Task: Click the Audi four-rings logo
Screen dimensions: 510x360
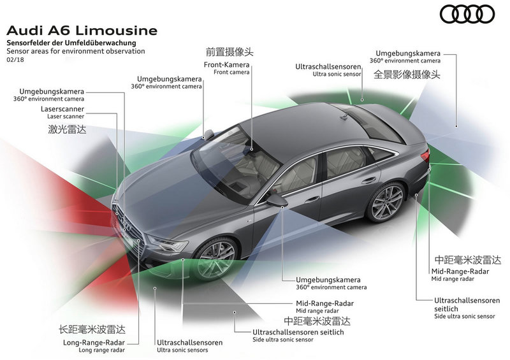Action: pos(467,14)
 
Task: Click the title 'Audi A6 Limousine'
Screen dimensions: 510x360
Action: pos(82,31)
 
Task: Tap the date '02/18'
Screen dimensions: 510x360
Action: pos(15,60)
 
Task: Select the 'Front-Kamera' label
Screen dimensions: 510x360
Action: pos(227,65)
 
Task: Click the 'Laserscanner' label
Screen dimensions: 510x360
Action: pos(62,109)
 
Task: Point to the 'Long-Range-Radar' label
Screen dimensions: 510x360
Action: pos(94,342)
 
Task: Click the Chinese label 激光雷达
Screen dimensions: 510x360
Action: pos(68,129)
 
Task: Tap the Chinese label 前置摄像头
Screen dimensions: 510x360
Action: pos(229,52)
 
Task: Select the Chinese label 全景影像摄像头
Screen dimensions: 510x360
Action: pos(407,75)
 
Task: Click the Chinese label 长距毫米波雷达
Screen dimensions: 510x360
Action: pos(92,329)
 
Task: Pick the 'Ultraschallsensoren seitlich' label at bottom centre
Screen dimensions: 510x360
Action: pos(298,332)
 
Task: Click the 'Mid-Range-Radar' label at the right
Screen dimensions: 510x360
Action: pos(460,271)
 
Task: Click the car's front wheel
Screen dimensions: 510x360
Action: pos(215,259)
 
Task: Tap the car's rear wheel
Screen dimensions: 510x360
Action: pos(386,201)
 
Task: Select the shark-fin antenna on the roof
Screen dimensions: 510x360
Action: pos(345,116)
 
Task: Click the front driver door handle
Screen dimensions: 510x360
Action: pos(312,199)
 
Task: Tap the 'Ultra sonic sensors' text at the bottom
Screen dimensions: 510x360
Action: pos(182,350)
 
